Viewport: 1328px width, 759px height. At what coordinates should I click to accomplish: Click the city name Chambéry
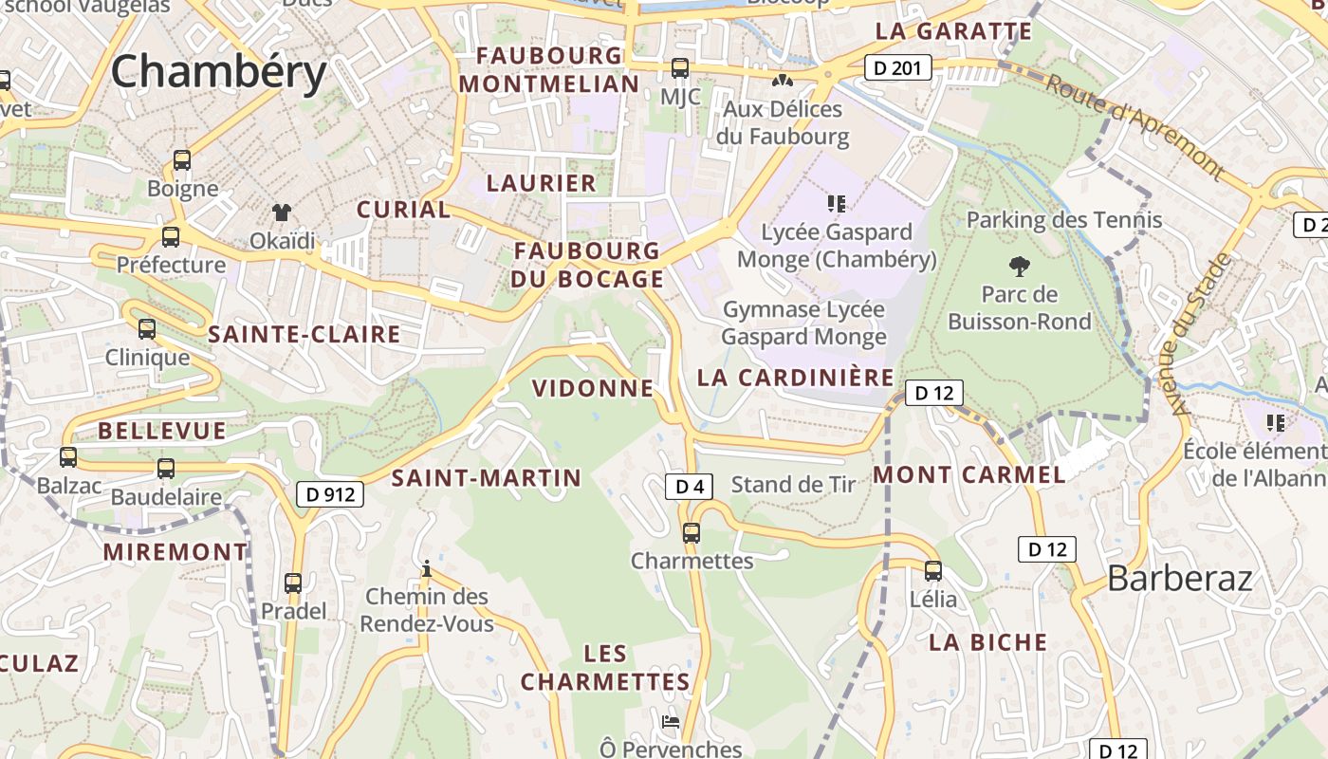pos(219,72)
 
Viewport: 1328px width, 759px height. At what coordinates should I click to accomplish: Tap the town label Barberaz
pos(1180,578)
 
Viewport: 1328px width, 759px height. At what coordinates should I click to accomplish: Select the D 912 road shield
pos(330,494)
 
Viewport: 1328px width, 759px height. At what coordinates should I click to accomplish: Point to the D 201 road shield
pos(897,67)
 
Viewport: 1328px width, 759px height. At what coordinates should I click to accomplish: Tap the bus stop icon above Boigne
pos(182,160)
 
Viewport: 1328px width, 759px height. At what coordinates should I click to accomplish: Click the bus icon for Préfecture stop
pos(171,236)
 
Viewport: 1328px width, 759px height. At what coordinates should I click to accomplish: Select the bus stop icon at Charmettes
pos(692,533)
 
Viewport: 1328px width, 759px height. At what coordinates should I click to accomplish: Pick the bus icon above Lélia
pos(933,571)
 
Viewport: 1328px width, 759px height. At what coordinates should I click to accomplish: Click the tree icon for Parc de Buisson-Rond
pos(1020,266)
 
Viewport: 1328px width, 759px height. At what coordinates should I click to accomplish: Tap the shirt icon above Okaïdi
pos(281,212)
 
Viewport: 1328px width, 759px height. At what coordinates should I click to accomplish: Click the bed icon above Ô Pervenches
pos(671,722)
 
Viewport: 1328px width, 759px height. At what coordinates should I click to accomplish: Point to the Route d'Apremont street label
pos(1134,126)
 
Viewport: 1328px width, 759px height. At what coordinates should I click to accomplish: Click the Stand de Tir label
pos(793,485)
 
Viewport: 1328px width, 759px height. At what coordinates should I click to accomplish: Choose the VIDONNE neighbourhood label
pos(593,388)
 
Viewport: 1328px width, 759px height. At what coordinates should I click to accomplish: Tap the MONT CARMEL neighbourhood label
pos(969,474)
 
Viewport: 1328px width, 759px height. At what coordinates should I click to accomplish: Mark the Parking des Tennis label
pos(1063,220)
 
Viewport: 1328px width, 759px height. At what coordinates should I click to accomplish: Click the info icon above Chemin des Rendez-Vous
pos(427,569)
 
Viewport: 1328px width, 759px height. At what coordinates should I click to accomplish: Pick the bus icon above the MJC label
pos(680,68)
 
